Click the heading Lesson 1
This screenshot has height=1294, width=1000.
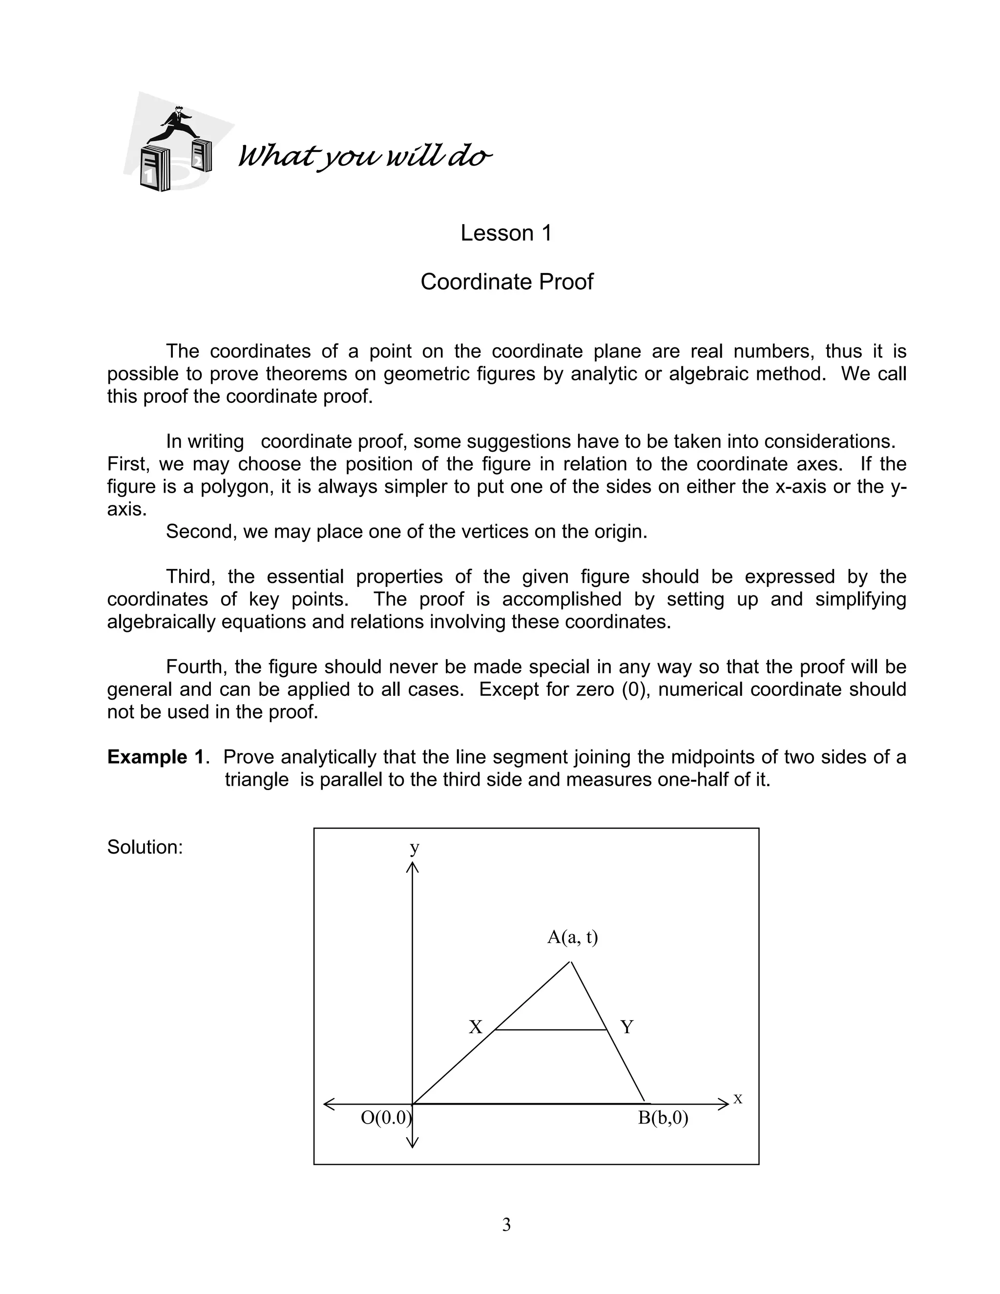click(506, 233)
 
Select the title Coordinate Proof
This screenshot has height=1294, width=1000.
click(506, 282)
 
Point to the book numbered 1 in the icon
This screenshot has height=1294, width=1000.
click(153, 170)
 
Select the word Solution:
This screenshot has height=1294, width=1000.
click(145, 847)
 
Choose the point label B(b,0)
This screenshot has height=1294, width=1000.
click(663, 1118)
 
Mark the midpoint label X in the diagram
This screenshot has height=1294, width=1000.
click(475, 1027)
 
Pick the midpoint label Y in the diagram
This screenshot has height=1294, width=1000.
click(627, 1027)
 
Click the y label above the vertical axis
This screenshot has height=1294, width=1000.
click(415, 847)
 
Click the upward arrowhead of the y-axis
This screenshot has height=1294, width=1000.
click(412, 867)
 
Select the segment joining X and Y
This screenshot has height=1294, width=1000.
click(551, 1030)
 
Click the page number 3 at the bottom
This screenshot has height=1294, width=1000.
click(506, 1224)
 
